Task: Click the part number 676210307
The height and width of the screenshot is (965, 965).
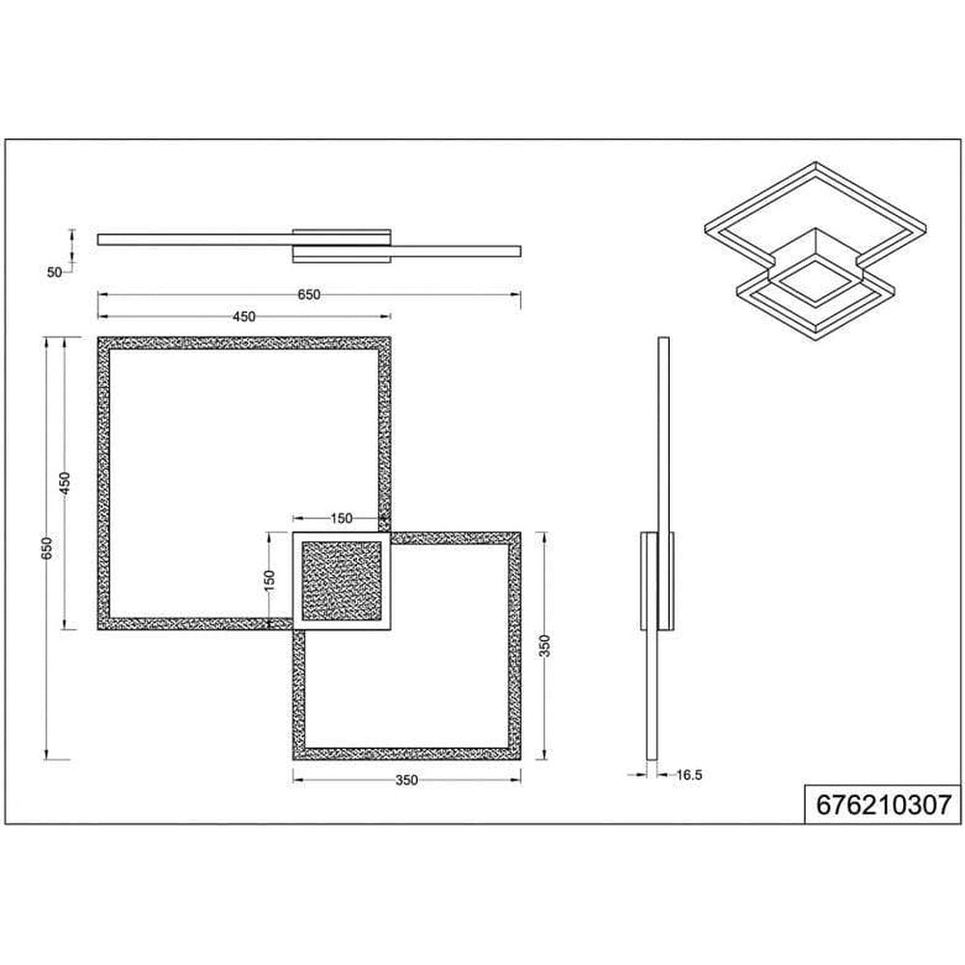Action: pos(883,805)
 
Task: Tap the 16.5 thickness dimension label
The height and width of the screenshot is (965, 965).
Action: pos(689,775)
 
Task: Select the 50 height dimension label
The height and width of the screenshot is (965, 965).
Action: pos(54,272)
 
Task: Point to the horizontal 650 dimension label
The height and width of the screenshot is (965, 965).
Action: pos(309,294)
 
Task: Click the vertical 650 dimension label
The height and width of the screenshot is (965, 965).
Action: pos(47,548)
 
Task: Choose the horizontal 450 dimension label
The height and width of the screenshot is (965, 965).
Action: pos(243,317)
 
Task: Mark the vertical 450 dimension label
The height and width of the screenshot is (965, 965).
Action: pos(66,483)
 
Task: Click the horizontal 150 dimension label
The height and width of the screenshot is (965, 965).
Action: pos(341,518)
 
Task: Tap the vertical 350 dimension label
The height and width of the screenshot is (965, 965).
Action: pos(544,647)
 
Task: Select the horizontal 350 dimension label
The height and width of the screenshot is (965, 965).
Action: pos(407,781)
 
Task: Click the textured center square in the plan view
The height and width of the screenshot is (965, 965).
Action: pos(342,581)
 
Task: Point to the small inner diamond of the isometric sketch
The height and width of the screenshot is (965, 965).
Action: pos(816,281)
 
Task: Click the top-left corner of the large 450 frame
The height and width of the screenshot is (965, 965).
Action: pos(97,337)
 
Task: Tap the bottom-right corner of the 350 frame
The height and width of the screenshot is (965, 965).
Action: pos(521,759)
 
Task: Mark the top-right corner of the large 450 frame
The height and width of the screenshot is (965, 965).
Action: pos(391,337)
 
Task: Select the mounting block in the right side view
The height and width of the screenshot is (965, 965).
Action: pos(656,581)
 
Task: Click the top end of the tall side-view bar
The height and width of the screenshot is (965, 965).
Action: pos(664,338)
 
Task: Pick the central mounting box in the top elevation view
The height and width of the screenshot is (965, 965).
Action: pos(342,246)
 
